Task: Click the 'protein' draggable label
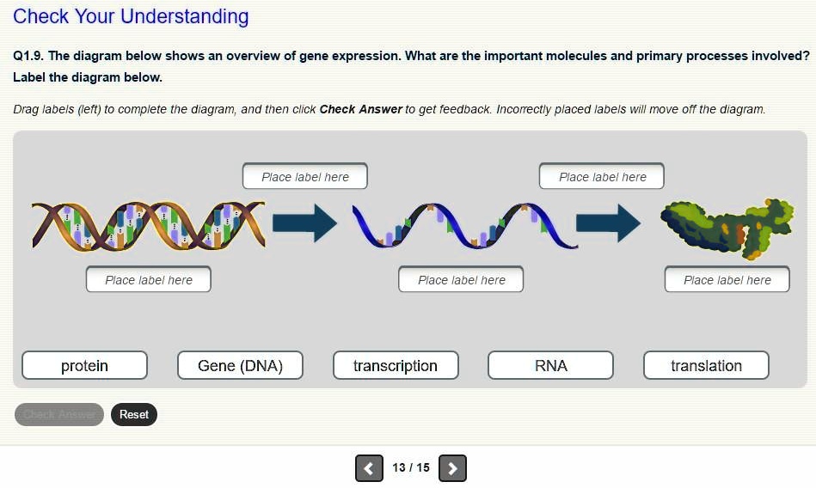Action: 84,366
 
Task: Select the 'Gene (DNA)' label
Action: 240,366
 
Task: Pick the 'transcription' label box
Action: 396,366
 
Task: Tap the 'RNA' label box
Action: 550,366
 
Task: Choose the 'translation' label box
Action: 706,366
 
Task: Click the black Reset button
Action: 134,415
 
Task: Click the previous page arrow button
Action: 369,468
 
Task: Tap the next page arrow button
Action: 452,468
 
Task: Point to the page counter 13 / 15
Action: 411,468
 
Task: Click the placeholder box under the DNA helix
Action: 148,280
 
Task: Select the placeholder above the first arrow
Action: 305,177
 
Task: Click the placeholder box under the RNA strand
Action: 461,280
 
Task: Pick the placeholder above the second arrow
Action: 602,177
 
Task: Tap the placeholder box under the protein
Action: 727,280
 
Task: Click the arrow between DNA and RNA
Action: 304,223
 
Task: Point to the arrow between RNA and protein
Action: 608,223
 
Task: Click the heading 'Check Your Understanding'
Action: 131,16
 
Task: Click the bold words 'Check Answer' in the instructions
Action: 360,109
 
